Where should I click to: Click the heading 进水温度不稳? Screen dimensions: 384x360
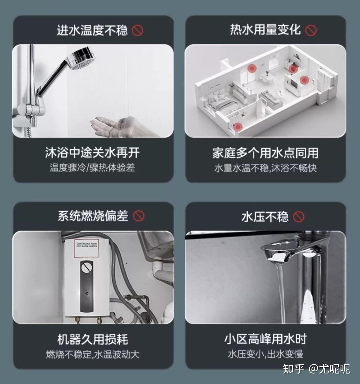tap(92, 30)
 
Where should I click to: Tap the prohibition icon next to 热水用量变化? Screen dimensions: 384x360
tap(311, 30)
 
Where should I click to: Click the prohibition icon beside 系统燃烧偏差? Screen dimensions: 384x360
tap(139, 216)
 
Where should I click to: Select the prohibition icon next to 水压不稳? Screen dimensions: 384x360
tap(299, 217)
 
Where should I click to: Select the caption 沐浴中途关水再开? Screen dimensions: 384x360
tap(92, 153)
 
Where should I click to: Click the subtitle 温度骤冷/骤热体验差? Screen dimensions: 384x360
tap(92, 168)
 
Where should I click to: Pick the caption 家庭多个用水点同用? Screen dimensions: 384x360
tap(265, 153)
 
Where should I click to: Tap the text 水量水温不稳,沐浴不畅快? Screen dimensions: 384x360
tap(265, 168)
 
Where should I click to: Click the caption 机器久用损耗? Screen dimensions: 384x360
tap(92, 339)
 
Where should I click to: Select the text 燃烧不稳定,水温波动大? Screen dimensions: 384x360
tap(93, 355)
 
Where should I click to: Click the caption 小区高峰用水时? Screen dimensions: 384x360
tap(265, 339)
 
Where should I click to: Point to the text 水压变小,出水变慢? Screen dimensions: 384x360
tap(265, 354)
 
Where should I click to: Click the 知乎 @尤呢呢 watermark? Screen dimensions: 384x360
tap(316, 369)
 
